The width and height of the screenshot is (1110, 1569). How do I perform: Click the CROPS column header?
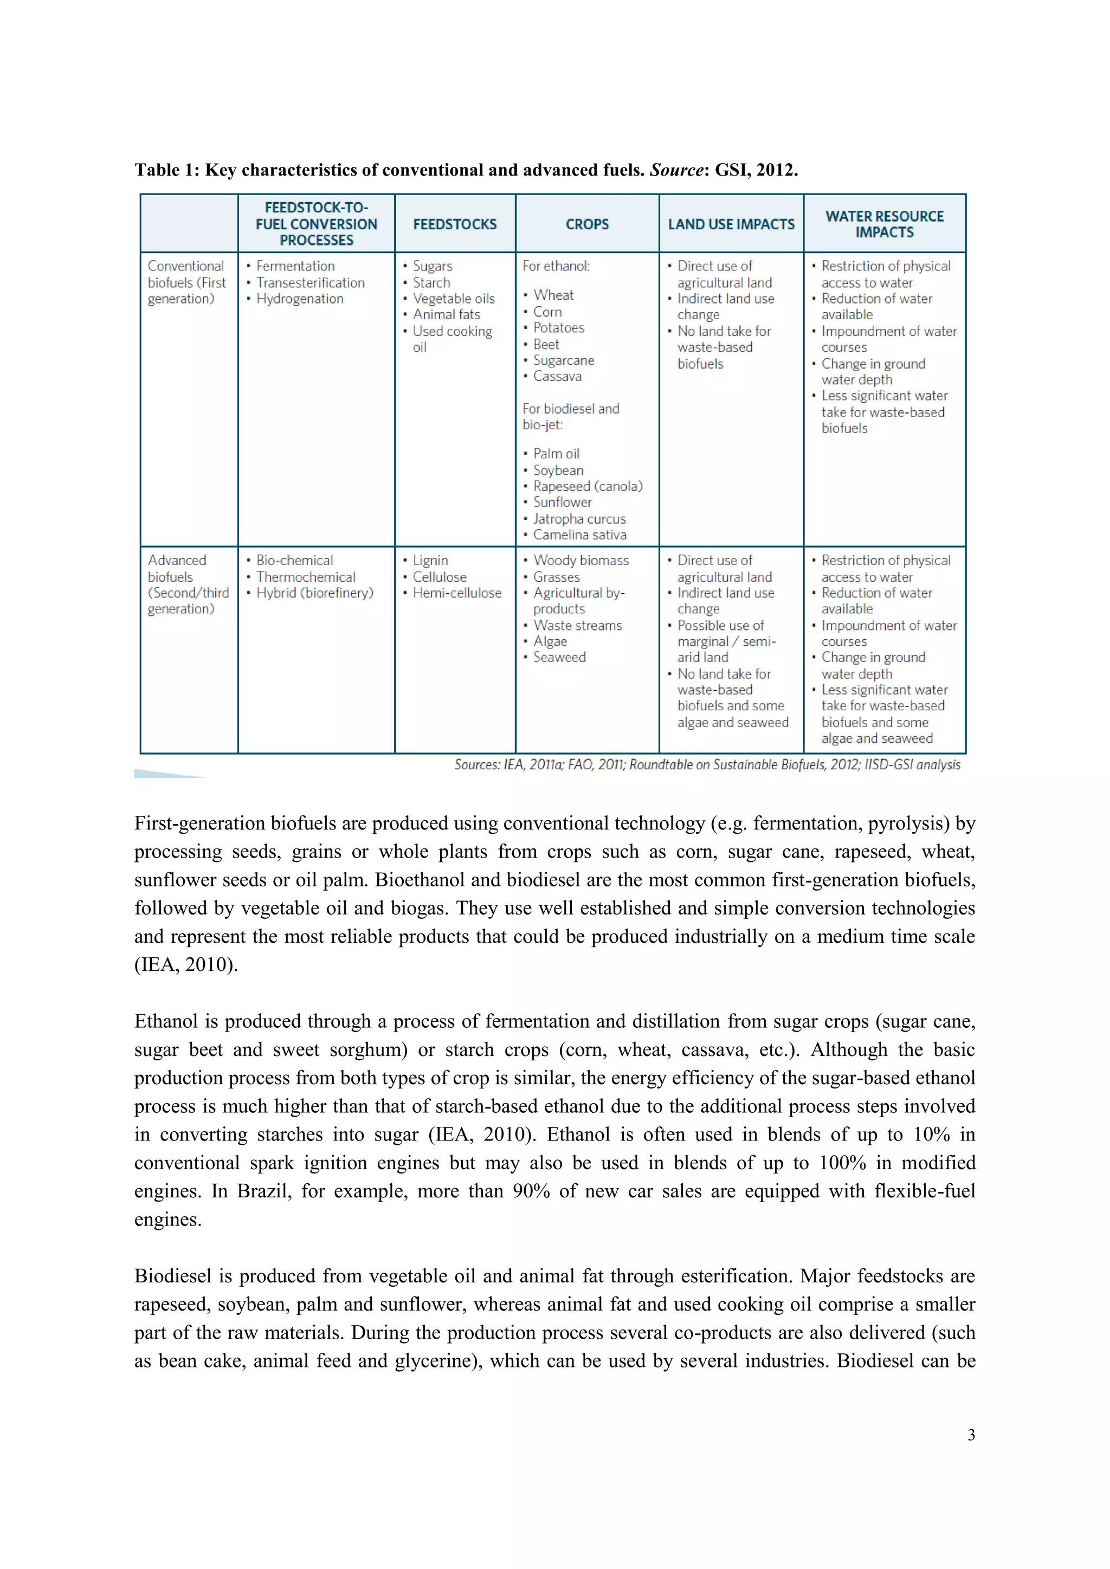tap(586, 224)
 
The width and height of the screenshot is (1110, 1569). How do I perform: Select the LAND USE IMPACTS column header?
tap(731, 224)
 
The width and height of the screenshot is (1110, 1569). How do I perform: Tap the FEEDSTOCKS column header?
tap(455, 224)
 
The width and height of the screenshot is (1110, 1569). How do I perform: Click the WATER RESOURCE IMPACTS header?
tap(884, 224)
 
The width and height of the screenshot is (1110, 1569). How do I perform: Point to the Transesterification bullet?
tap(311, 283)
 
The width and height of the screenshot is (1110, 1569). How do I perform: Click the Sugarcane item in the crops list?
tap(563, 360)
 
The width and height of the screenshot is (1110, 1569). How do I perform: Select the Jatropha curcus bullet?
tap(579, 518)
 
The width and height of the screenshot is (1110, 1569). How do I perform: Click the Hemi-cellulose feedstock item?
tap(456, 593)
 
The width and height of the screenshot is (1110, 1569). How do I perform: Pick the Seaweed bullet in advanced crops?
tap(559, 657)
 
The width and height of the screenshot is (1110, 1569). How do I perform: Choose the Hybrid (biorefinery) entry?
tap(314, 593)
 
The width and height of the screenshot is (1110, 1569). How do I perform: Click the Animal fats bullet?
tap(446, 314)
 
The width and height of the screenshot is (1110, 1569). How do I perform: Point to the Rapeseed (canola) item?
tap(588, 486)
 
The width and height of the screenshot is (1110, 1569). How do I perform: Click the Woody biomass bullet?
tap(580, 560)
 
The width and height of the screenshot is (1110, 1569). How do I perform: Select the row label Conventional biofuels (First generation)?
tap(186, 282)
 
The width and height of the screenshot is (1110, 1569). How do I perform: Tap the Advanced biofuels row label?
tap(186, 584)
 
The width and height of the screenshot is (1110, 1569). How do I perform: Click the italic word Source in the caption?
tap(676, 170)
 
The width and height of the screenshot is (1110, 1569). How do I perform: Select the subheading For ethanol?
tap(556, 267)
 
